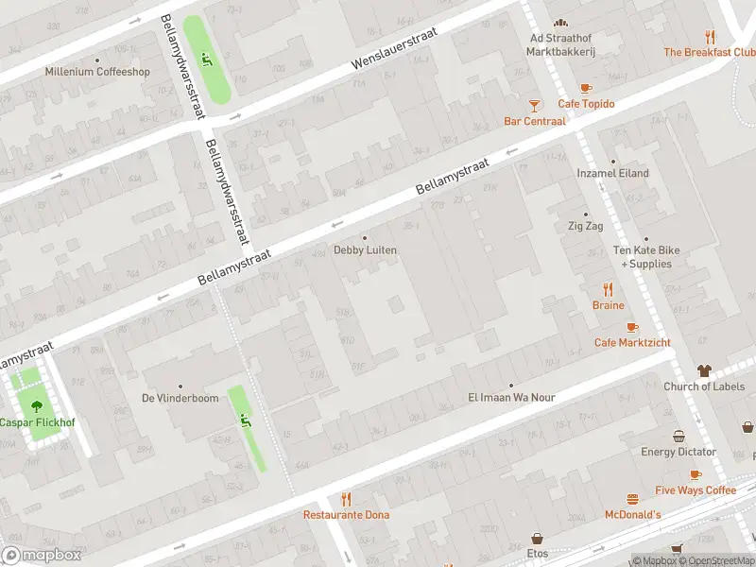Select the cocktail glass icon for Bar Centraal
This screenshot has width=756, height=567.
point(535,105)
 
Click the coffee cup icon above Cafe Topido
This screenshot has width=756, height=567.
point(586,88)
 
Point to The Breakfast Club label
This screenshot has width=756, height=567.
point(709,53)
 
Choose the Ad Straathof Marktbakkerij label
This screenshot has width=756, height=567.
point(560,44)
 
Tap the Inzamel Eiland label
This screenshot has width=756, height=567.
point(613,174)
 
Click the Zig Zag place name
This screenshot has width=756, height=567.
point(585,227)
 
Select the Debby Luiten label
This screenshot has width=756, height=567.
point(365,250)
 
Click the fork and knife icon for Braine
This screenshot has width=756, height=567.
point(609,290)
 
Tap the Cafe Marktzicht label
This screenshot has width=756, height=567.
point(632,342)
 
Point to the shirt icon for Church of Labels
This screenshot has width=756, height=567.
point(704,370)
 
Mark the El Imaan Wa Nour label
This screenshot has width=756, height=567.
point(511,398)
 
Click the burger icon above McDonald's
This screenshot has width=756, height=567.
point(633,499)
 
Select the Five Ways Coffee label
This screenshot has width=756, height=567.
point(695,490)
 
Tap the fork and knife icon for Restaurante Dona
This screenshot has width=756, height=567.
point(346,499)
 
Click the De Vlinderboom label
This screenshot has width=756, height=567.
point(180,399)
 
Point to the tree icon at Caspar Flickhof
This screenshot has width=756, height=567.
point(37,406)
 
